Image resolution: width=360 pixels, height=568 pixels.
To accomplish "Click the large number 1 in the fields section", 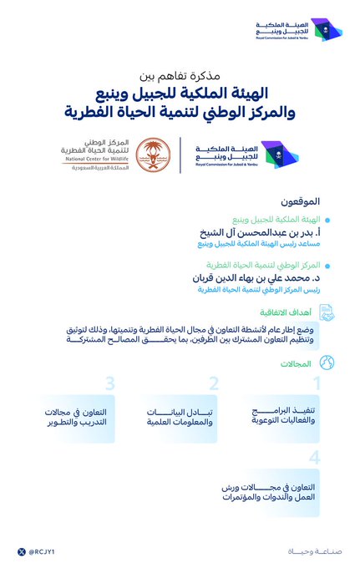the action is [317, 383].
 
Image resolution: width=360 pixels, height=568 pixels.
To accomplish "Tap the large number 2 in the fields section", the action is [213, 383].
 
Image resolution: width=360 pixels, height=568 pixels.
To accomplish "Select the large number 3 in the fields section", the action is [109, 383].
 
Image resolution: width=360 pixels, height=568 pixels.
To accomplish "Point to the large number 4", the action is [314, 457].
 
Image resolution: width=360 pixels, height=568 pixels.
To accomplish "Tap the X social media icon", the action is [21, 551].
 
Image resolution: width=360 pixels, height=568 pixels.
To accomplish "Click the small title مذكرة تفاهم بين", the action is [180, 74].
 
